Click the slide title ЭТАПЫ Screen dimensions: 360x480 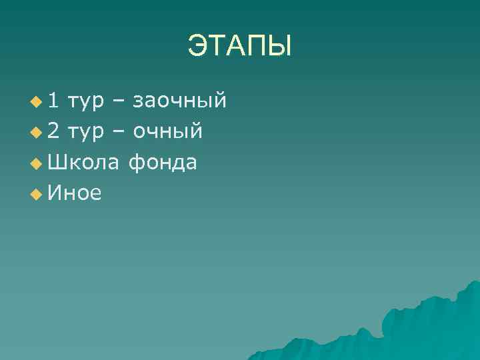pyautogui.click(x=239, y=47)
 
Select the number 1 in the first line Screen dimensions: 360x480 pyautogui.click(x=54, y=101)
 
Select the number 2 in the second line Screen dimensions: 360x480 pyautogui.click(x=54, y=131)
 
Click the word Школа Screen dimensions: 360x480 pyautogui.click(x=84, y=162)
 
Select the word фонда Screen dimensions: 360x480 pyautogui.click(x=163, y=162)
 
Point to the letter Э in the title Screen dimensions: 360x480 pyautogui.click(x=197, y=47)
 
